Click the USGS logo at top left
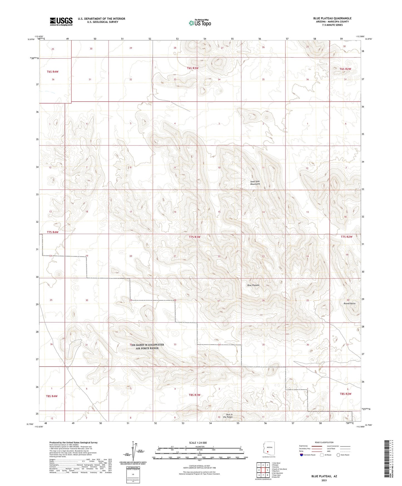[61, 21]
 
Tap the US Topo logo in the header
[200, 23]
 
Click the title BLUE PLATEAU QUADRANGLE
[332, 18]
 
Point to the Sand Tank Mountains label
[255, 183]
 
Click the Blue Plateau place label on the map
[253, 285]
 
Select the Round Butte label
[349, 303]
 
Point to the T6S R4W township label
[53, 72]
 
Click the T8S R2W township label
[346, 394]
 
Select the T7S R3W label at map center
[194, 237]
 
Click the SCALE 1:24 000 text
[198, 443]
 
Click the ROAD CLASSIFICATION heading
[324, 442]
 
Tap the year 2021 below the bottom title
[324, 480]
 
